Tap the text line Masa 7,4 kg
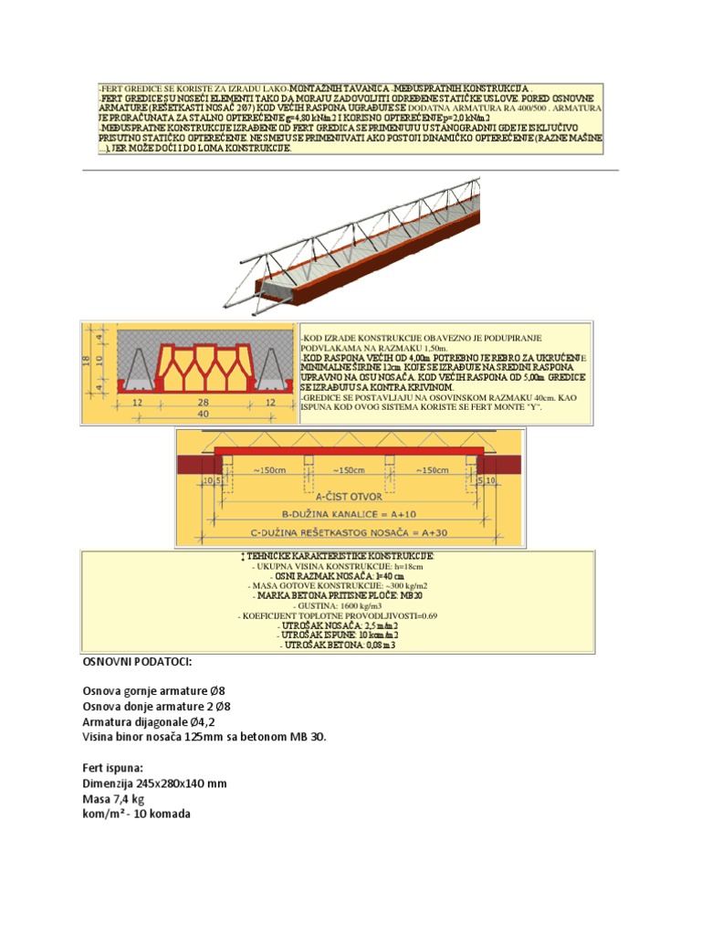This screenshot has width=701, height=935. coord(118,799)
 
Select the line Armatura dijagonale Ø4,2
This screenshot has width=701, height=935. coord(152,720)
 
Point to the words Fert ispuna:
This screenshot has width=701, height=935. coord(115,768)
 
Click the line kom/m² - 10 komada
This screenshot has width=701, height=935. coord(137,814)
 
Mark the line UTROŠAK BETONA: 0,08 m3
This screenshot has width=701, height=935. coord(338,645)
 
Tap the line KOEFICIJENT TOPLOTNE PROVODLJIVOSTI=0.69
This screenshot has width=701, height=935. coord(338,615)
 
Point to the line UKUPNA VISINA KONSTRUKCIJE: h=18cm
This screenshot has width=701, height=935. coord(338,566)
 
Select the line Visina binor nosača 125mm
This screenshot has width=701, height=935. coord(204,736)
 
